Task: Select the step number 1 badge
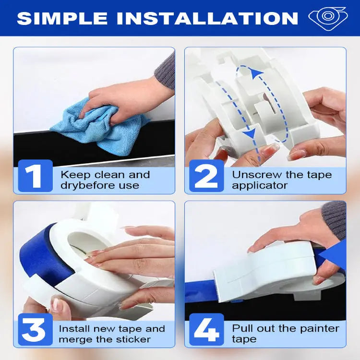point(35,176)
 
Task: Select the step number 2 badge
point(206,176)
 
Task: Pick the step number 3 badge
point(35,330)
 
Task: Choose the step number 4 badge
point(206,330)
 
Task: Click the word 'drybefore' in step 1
point(82,185)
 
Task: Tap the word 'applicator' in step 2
point(260,185)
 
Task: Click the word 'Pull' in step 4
point(241,329)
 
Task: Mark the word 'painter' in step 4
point(318,329)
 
